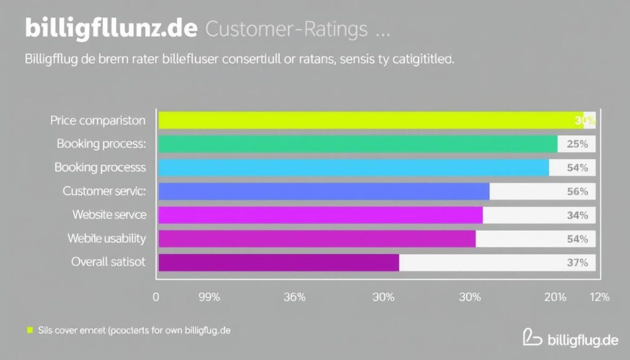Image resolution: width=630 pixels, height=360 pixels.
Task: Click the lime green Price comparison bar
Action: point(369,120)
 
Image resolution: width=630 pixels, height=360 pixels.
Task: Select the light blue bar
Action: point(354,167)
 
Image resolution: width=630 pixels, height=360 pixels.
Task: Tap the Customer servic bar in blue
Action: point(324,191)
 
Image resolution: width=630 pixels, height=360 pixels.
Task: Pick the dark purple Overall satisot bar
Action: point(279,262)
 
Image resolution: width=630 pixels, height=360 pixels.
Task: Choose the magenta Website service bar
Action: point(321,215)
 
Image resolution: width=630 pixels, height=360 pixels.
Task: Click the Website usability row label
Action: point(106,238)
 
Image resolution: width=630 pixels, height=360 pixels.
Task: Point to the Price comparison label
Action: point(98,121)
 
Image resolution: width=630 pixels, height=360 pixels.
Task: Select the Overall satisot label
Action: point(108,262)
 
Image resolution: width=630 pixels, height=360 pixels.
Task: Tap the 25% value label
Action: point(577,144)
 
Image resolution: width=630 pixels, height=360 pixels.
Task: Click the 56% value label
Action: point(577,191)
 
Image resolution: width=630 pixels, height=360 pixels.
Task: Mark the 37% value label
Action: point(577,263)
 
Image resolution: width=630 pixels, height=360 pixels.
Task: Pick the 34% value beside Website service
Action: point(577,215)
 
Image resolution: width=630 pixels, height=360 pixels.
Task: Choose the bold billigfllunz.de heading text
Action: point(111,28)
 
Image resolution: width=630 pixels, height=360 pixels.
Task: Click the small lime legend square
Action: point(28,330)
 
